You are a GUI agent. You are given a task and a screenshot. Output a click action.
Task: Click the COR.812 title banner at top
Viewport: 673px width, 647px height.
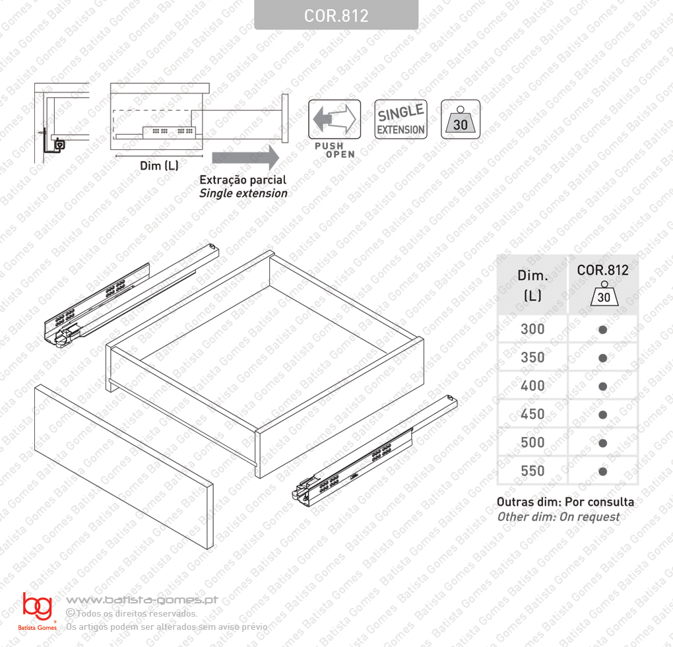pos(336,15)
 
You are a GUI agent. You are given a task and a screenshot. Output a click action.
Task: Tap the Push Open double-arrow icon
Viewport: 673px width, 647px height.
pos(335,119)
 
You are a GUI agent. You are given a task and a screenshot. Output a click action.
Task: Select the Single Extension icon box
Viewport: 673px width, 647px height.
pos(401,119)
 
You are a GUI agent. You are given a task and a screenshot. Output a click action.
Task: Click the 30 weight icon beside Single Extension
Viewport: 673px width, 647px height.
pos(461,119)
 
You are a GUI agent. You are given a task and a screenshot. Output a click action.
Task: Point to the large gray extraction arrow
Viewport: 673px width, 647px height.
pos(245,158)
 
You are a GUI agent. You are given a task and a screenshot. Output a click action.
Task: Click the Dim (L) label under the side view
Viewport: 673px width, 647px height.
pos(159,165)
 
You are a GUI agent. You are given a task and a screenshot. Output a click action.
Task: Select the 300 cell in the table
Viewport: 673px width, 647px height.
pos(532,329)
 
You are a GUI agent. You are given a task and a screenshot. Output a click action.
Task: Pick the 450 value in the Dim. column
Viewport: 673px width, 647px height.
pos(532,415)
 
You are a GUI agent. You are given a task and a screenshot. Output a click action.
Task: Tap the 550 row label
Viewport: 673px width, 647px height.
pos(532,471)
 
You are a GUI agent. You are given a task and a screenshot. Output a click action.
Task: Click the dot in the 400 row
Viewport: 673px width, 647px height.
pos(602,386)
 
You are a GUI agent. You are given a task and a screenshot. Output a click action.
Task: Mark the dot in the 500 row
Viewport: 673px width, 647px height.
pos(602,443)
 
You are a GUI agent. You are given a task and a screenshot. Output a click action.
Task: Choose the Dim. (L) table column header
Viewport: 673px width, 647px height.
pos(532,285)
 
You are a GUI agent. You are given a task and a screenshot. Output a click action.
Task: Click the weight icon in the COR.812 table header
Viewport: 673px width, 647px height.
pos(604,294)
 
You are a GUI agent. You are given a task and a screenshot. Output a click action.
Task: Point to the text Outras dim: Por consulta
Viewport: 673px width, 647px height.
pos(565,502)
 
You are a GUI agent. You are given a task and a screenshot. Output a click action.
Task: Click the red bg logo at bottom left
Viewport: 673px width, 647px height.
pos(38,606)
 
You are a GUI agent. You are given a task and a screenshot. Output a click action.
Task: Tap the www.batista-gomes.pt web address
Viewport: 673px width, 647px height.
pos(142,599)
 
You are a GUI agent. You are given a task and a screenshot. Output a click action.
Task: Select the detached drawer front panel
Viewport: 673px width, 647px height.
pos(123,467)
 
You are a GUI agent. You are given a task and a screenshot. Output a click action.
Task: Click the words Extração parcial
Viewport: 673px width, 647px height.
pos(243,180)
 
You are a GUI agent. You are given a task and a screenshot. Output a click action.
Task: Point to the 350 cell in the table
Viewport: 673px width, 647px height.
pos(532,358)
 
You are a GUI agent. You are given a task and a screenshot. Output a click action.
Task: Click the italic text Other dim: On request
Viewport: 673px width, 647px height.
pos(558,517)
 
